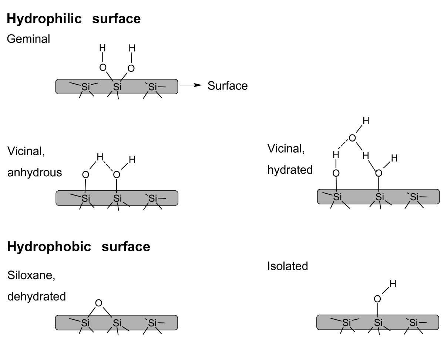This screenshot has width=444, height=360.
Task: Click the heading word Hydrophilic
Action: (x=44, y=19)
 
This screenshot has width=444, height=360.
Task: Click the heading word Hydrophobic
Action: (x=49, y=247)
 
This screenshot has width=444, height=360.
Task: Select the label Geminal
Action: (x=28, y=39)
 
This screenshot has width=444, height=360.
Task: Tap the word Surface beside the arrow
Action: (x=228, y=86)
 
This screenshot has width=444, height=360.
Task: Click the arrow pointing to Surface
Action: (x=191, y=86)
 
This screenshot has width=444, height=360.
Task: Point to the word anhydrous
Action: (x=35, y=173)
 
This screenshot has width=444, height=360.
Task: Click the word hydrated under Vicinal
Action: (x=290, y=170)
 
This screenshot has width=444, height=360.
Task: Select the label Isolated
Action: (x=287, y=266)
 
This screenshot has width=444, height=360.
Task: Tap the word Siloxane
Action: (x=31, y=275)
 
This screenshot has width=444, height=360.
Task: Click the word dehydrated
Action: (x=37, y=296)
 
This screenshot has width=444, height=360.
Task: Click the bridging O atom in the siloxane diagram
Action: (x=98, y=303)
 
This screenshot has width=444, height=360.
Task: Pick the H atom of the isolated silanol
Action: (x=393, y=284)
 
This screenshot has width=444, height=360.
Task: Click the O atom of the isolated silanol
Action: (x=377, y=299)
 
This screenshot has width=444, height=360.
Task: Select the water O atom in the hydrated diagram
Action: (x=352, y=138)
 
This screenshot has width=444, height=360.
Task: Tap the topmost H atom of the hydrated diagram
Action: (x=366, y=120)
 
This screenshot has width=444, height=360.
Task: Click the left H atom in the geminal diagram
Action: (x=102, y=48)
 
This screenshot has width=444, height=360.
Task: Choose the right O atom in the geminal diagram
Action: (x=131, y=68)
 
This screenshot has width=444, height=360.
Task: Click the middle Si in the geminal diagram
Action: (x=117, y=87)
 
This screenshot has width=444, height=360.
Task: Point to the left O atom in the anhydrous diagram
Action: (x=86, y=174)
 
